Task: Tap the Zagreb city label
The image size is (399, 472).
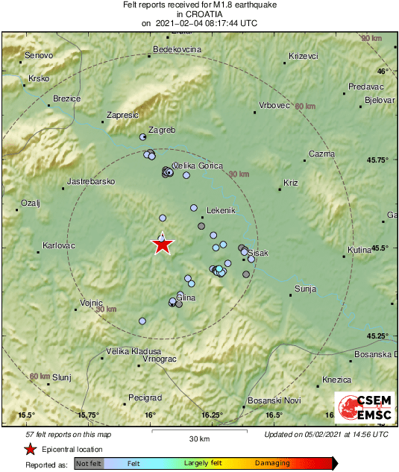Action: pos(162,130)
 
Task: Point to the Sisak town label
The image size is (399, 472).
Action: pos(258,254)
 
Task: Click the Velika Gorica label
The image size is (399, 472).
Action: pos(198,166)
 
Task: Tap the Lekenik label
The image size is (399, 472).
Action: pos(220,210)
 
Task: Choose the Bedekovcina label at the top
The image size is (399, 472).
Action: pos(177,49)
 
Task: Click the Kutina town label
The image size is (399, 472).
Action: pos(362,250)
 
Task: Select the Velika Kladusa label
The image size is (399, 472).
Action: pos(133,350)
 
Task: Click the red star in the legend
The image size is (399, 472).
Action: pos(30,450)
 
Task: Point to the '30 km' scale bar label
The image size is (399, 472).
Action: pos(199,438)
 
